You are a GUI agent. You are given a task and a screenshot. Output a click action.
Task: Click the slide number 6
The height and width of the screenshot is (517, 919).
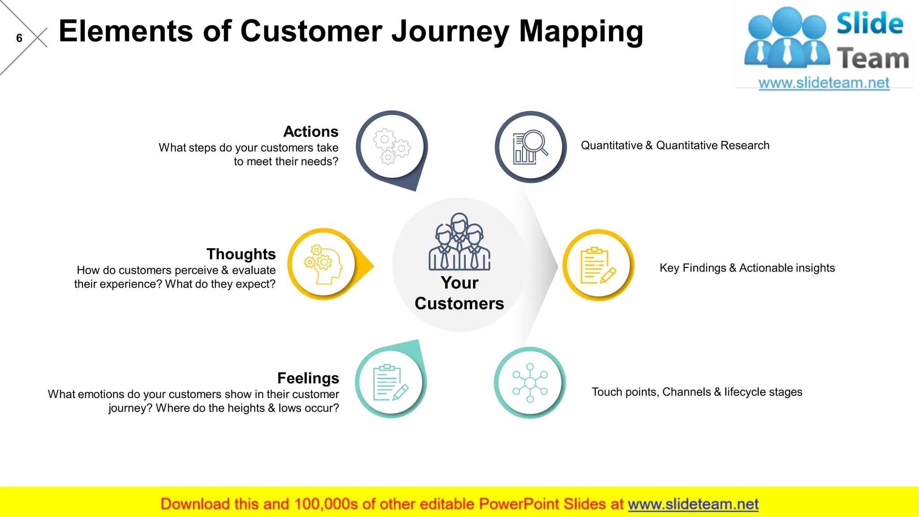point(19,38)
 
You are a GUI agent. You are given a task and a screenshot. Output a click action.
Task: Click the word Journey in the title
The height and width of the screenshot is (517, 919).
point(450,31)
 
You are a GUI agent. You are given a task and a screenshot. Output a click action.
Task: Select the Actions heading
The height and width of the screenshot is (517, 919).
point(311,131)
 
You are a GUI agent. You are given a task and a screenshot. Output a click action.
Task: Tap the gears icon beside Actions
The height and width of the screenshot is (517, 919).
point(392,146)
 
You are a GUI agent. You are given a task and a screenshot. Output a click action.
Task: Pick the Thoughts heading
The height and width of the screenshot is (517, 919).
point(241,254)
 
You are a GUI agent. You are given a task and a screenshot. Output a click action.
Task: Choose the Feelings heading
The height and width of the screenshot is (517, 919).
point(308,378)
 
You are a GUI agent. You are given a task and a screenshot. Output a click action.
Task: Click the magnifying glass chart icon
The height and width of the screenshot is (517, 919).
point(530,147)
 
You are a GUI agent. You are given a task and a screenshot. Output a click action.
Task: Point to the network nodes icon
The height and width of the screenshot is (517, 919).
point(530,382)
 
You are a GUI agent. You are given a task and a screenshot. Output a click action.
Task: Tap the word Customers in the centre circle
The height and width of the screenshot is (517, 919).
point(459,303)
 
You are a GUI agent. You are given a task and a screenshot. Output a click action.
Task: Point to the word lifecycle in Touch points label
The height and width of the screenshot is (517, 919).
point(745,392)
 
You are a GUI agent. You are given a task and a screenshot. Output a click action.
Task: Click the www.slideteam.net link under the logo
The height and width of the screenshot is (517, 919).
point(824,83)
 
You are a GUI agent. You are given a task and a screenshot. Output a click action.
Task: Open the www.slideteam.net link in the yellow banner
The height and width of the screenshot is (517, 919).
point(693,504)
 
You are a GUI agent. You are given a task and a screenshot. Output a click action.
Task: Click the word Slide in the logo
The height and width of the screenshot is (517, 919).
point(870,23)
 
